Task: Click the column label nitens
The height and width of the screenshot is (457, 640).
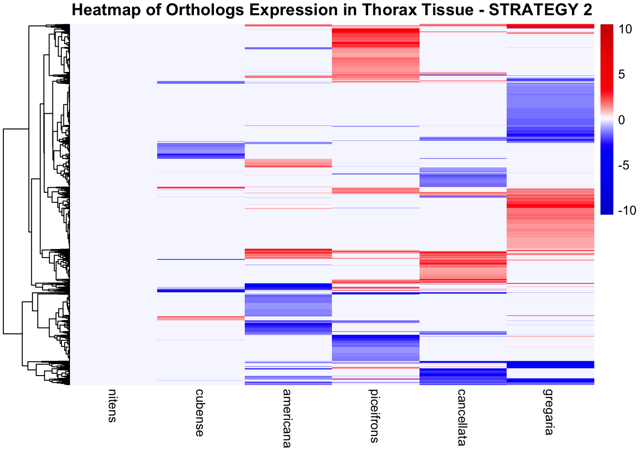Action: pyautogui.click(x=112, y=406)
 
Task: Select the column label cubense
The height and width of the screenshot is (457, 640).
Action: pyautogui.click(x=200, y=412)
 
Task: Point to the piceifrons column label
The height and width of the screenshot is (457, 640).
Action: pyautogui.click(x=374, y=416)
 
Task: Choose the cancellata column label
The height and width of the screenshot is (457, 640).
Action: pyautogui.click(x=461, y=417)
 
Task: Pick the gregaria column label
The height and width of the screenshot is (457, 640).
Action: pyautogui.click(x=549, y=412)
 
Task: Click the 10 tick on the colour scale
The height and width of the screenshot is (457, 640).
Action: pyautogui.click(x=625, y=30)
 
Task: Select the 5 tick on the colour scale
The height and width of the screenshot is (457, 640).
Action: pyautogui.click(x=621, y=75)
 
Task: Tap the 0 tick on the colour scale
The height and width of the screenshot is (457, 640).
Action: pyautogui.click(x=621, y=120)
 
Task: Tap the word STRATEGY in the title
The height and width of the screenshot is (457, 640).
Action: pyautogui.click(x=516, y=10)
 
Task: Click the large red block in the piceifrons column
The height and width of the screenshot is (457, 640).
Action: pyautogui.click(x=375, y=55)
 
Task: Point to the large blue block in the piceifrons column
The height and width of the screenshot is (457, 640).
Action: pyautogui.click(x=375, y=348)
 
